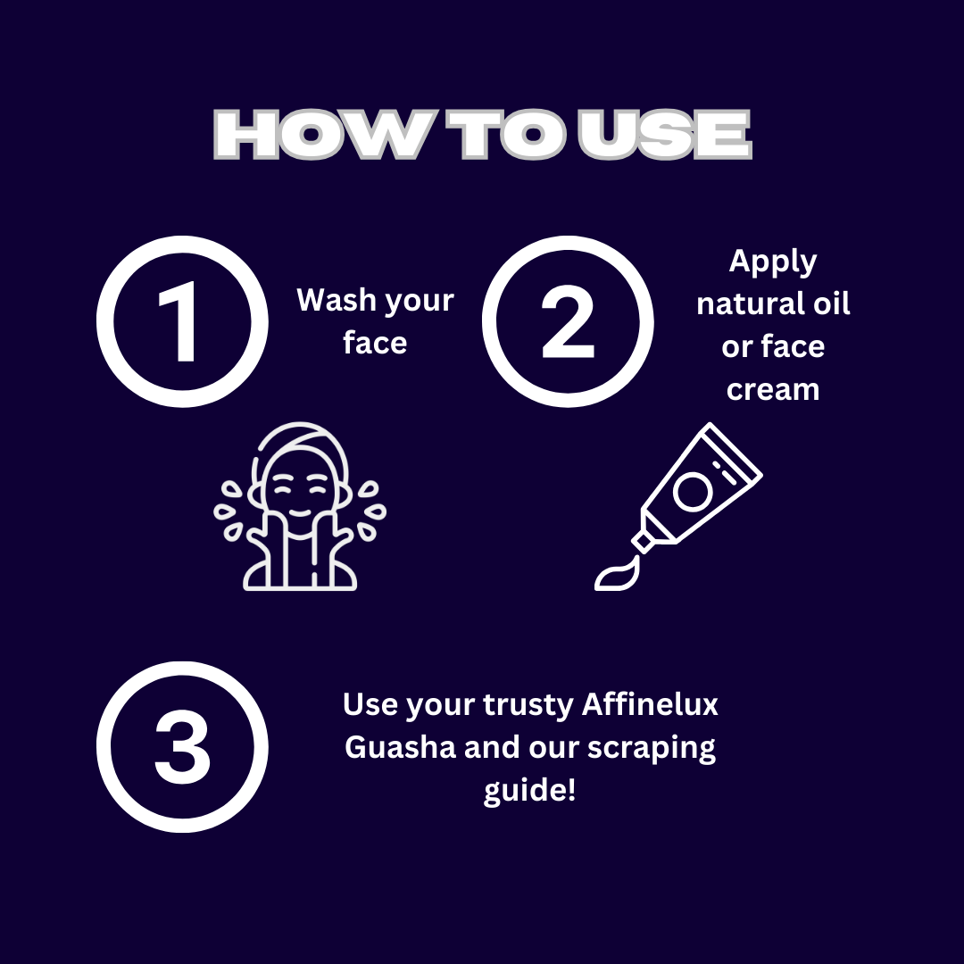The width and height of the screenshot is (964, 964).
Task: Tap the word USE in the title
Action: (x=664, y=135)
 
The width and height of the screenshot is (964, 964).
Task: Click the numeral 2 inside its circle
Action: (x=568, y=321)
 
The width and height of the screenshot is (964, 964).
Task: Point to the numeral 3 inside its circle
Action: (x=182, y=747)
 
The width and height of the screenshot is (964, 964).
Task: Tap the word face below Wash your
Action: (x=375, y=343)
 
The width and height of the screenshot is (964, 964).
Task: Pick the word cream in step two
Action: (x=773, y=390)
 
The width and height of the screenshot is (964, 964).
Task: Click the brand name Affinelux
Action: (x=650, y=704)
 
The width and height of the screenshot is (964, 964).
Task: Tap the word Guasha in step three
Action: (x=400, y=748)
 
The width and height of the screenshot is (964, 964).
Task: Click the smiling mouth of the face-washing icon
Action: (x=299, y=512)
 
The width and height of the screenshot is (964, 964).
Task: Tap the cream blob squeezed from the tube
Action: (x=618, y=574)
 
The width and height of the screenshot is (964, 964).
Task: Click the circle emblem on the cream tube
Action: (x=693, y=492)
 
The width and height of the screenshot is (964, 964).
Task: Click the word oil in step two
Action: (x=831, y=303)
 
